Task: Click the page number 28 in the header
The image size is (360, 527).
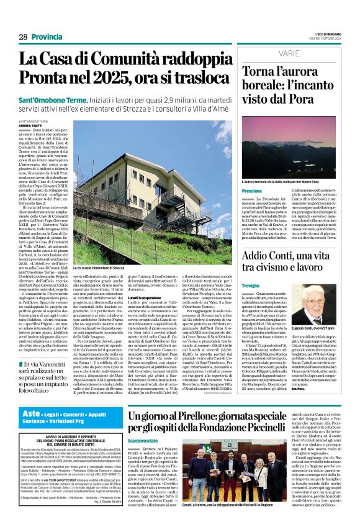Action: pyautogui.click(x=23, y=37)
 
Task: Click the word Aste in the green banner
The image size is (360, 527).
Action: pyautogui.click(x=30, y=413)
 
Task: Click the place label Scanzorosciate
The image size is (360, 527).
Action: pyautogui.click(x=145, y=441)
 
